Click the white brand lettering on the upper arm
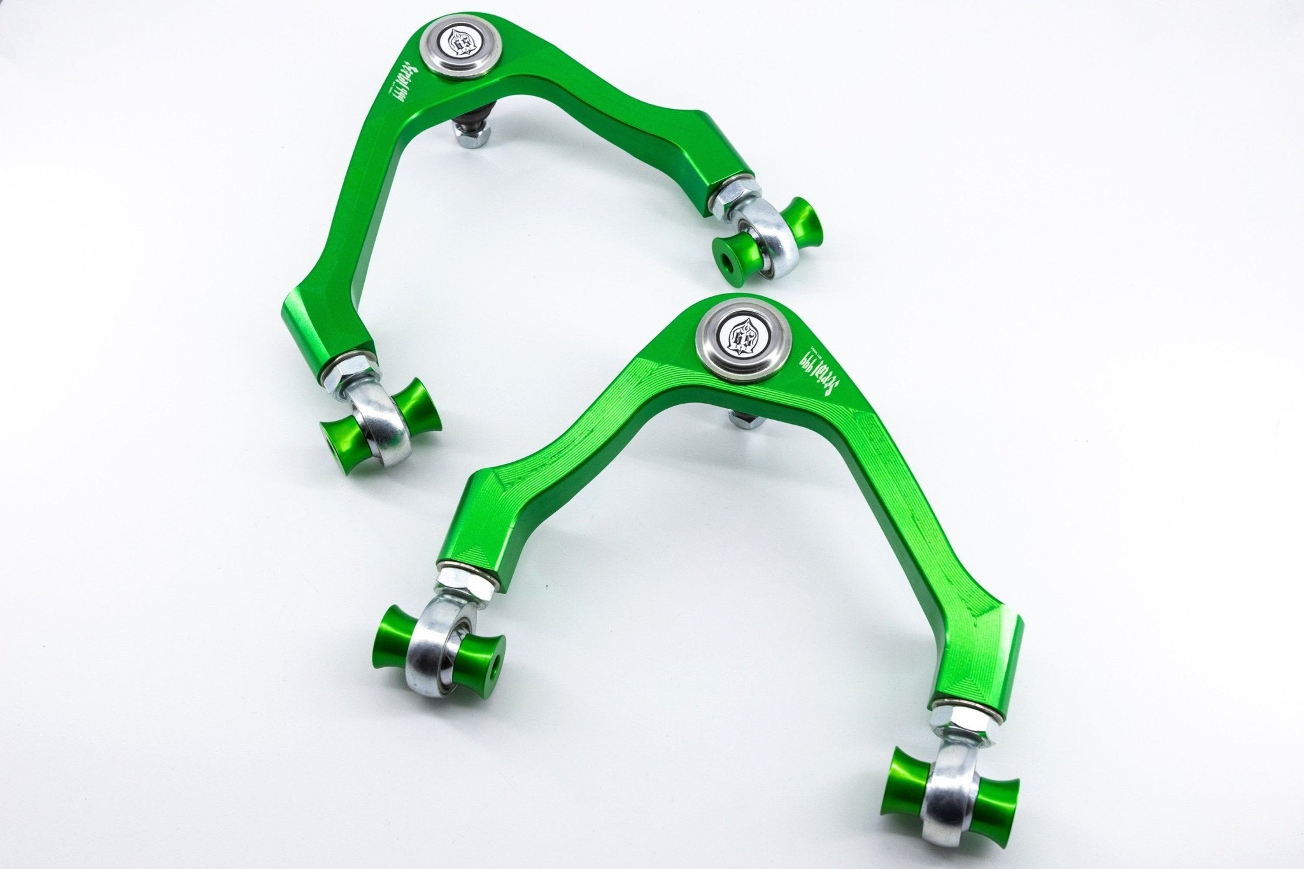pos(394,95)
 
